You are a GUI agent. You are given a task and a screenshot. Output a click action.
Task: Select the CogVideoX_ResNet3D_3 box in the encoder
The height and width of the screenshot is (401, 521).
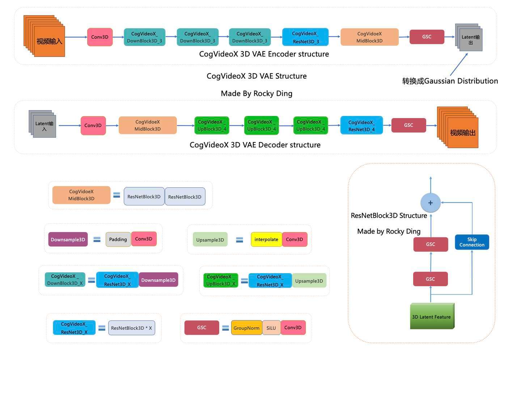click(x=305, y=37)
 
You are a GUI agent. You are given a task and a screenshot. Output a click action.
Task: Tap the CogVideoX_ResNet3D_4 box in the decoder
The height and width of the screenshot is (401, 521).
click(x=361, y=125)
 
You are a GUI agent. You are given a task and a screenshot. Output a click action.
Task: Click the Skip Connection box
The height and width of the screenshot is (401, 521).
click(x=472, y=242)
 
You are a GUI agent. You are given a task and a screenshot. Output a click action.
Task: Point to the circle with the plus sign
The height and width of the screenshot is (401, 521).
click(x=431, y=203)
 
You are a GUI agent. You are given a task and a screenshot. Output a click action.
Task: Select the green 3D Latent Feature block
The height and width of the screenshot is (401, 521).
click(x=432, y=316)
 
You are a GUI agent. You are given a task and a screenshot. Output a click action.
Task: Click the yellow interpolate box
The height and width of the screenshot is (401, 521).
click(x=266, y=239)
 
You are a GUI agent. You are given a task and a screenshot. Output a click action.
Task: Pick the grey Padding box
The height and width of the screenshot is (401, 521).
click(x=118, y=239)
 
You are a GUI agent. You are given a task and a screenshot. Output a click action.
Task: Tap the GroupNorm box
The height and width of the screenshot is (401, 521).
click(x=246, y=328)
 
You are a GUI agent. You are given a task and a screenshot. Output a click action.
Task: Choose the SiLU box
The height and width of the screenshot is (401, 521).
click(x=271, y=328)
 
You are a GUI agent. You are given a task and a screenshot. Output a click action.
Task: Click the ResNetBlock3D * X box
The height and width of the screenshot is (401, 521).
click(x=131, y=328)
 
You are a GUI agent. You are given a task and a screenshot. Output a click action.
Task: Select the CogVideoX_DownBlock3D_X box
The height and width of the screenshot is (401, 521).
click(x=65, y=280)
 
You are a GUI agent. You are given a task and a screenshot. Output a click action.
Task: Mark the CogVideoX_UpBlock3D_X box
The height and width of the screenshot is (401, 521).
click(x=221, y=280)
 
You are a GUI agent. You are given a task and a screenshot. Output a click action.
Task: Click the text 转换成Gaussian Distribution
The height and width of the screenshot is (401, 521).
click(x=450, y=81)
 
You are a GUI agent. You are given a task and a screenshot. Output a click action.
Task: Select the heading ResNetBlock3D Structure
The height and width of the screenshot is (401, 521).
click(x=389, y=216)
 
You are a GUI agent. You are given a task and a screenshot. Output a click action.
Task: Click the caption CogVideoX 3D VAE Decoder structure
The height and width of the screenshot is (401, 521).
click(x=255, y=145)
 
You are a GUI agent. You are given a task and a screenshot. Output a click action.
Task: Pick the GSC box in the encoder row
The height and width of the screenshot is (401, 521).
click(x=427, y=37)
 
